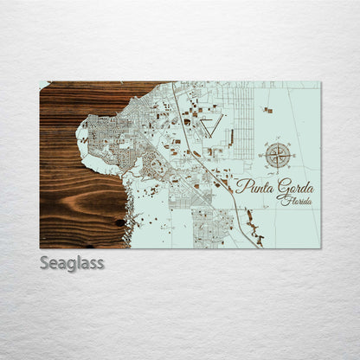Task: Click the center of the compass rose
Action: coord(278,156)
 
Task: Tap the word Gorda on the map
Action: coord(294,187)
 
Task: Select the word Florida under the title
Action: coord(297,200)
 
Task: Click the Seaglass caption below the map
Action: coord(72,262)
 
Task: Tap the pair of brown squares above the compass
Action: coord(268,110)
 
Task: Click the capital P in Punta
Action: coord(241,186)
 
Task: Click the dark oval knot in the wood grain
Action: coord(119,222)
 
